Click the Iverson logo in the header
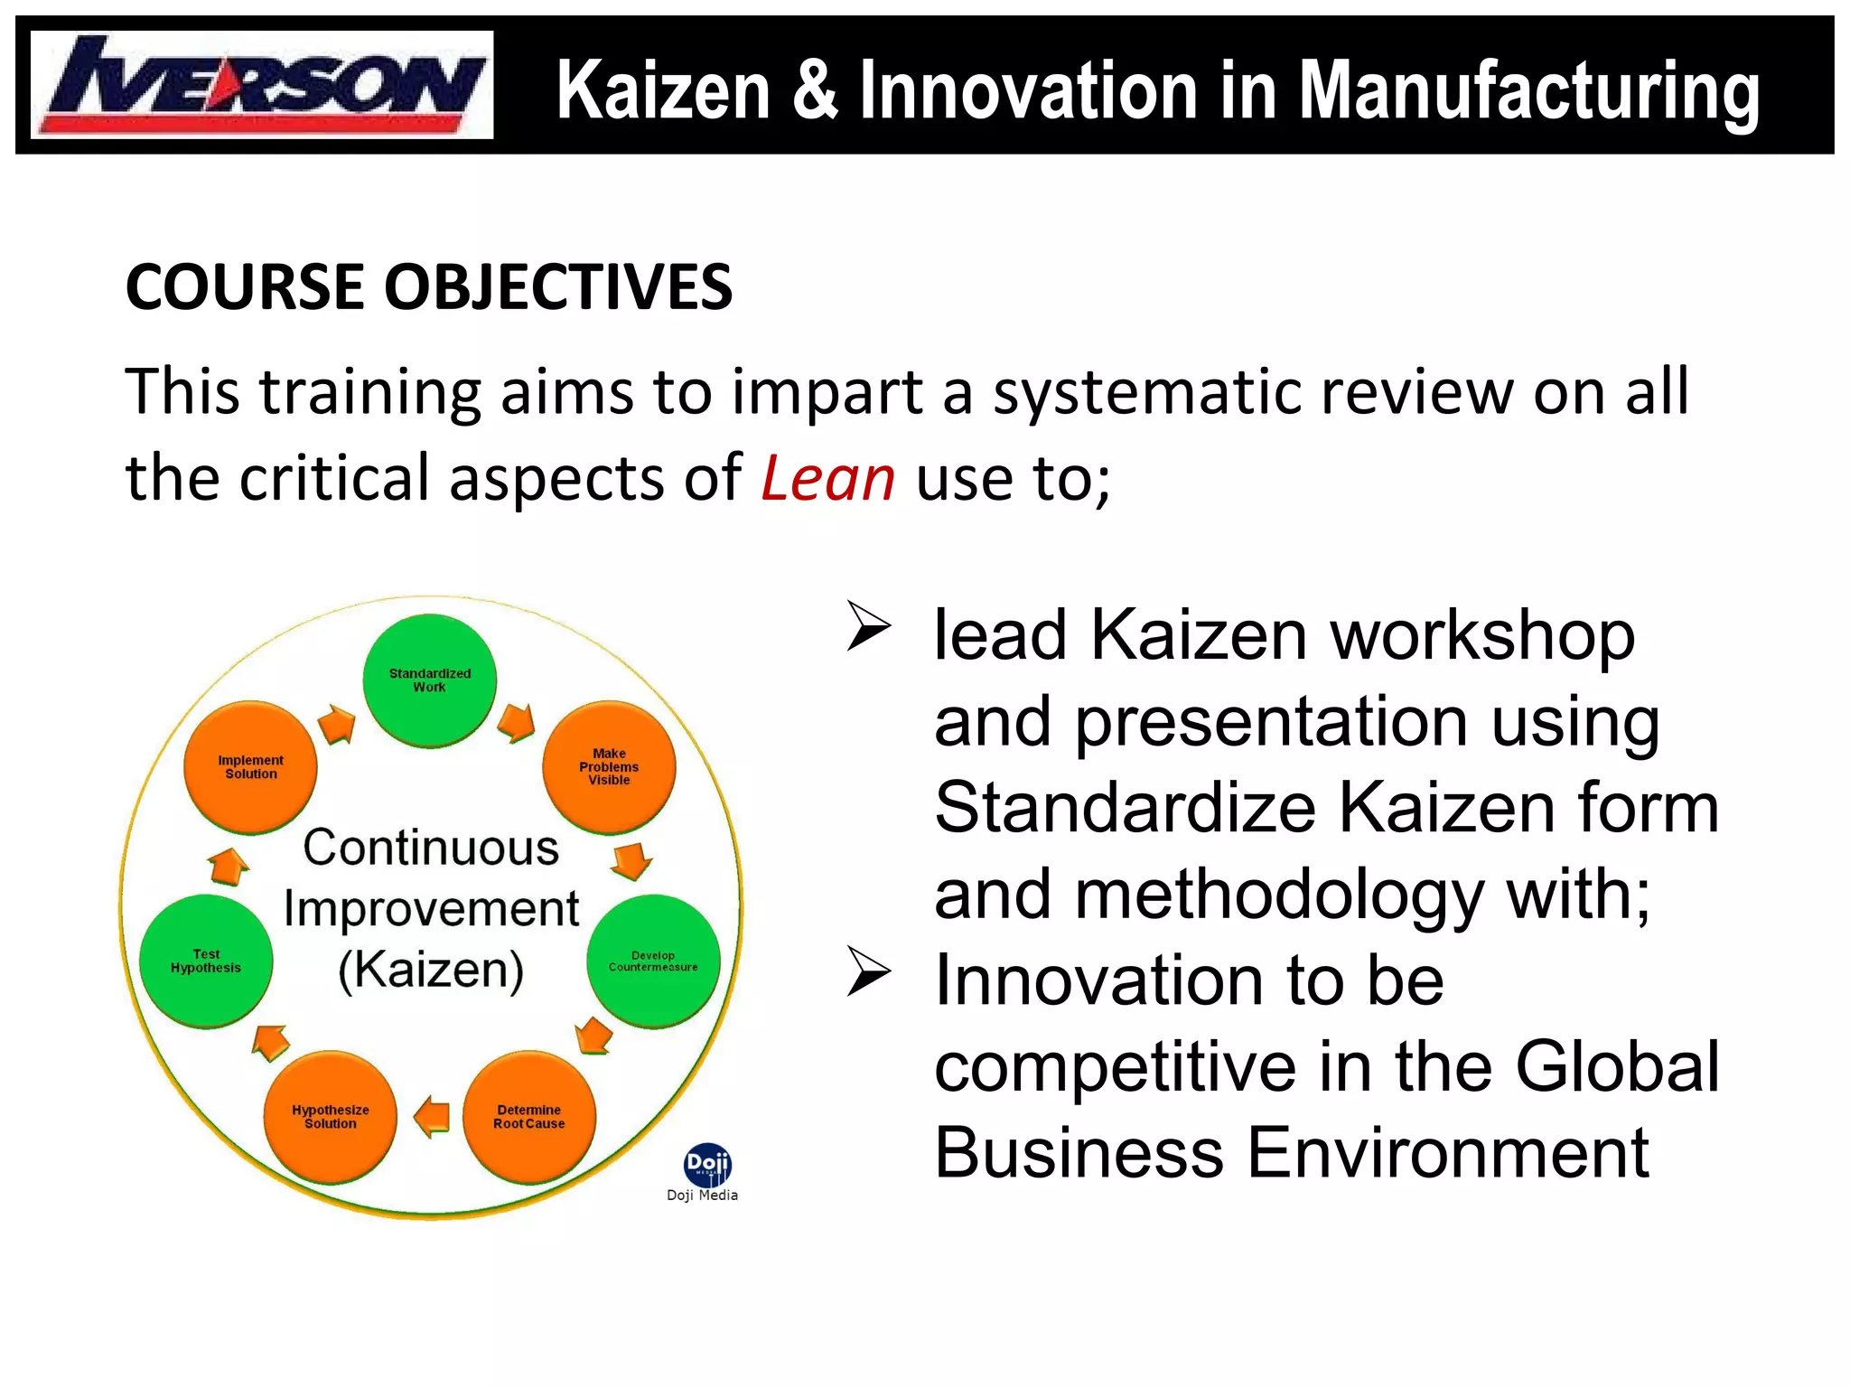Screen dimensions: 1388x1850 click(x=261, y=85)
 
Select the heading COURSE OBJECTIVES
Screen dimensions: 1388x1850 click(x=428, y=287)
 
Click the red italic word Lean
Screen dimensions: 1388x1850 click(x=827, y=478)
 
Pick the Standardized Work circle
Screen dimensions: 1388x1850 click(x=430, y=680)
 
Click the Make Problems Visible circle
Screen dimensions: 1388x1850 click(x=609, y=766)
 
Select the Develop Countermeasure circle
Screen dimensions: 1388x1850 click(x=653, y=961)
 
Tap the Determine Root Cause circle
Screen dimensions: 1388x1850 click(x=529, y=1117)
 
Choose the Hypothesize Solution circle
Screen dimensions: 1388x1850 click(x=331, y=1117)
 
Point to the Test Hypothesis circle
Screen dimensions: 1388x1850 click(x=206, y=961)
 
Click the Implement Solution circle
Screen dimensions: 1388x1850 click(x=251, y=766)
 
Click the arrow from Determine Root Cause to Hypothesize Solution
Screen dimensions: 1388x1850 click(x=433, y=1117)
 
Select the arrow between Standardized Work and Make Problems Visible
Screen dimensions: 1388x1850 click(x=517, y=723)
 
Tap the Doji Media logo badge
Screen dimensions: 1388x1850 click(x=707, y=1166)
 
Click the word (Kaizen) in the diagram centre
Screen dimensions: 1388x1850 click(x=431, y=971)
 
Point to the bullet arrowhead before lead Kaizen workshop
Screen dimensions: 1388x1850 click(x=869, y=627)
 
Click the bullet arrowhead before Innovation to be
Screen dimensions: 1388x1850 click(x=869, y=972)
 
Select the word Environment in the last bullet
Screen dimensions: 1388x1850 click(x=1448, y=1153)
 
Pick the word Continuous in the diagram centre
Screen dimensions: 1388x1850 click(x=431, y=848)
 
